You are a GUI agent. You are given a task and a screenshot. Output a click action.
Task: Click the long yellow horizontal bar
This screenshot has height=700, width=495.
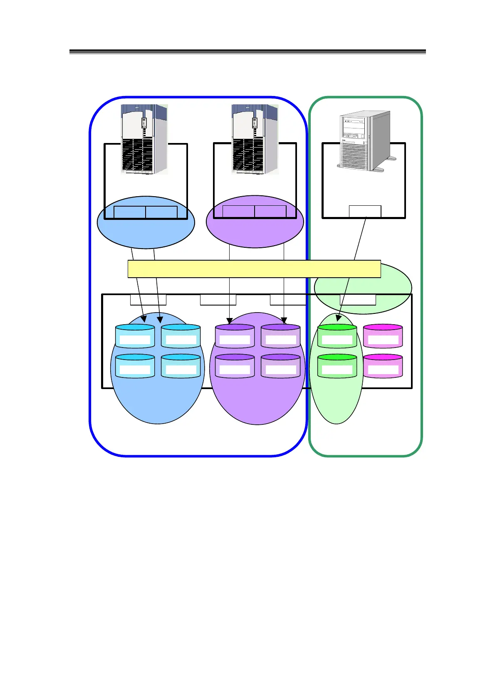254,269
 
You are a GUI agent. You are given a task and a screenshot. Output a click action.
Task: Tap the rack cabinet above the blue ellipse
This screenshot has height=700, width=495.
144,139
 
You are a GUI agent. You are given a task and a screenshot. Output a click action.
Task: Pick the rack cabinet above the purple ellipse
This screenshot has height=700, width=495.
255,139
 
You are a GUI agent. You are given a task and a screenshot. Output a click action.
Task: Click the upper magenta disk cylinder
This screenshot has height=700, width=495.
383,336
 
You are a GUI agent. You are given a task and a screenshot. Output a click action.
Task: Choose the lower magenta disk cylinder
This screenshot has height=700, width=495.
383,366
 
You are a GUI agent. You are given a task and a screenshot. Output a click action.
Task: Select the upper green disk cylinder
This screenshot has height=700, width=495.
337,336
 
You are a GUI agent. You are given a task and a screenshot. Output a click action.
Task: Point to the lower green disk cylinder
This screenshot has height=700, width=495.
337,366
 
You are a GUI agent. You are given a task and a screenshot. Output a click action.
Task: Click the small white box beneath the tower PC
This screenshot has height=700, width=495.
365,211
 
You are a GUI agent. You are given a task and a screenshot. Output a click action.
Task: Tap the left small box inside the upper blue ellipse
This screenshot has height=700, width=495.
130,212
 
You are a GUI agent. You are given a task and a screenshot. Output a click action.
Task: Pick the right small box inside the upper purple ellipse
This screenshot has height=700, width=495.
270,212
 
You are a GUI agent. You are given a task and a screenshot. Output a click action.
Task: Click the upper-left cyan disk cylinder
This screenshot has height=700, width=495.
135,336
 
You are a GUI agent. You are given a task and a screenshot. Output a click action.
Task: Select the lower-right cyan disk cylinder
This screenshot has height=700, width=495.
181,366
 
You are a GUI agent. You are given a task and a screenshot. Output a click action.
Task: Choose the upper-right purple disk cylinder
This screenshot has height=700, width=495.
280,336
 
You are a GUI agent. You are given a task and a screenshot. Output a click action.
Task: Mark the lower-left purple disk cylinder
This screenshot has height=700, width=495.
235,366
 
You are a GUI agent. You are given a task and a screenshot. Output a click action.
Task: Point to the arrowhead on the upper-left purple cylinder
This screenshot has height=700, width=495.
230,321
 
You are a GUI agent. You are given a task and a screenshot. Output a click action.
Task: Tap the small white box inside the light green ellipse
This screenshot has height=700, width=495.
358,299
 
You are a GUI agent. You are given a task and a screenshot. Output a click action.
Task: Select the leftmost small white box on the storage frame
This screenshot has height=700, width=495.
148,299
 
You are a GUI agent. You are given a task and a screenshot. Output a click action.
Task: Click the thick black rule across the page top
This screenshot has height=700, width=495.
247,52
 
